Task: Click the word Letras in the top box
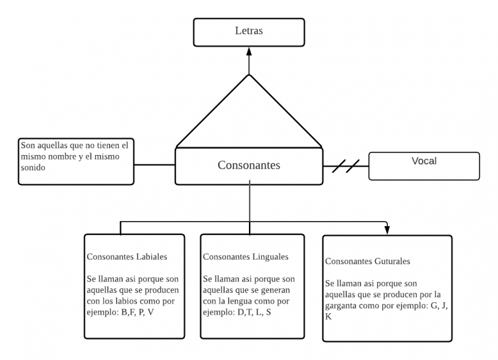click(249, 31)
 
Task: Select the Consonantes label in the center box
click(249, 165)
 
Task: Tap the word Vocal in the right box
click(424, 161)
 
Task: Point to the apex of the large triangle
click(249, 75)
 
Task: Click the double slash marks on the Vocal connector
click(345, 166)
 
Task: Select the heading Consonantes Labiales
click(127, 257)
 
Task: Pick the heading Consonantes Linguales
click(245, 257)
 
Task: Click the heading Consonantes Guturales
click(367, 261)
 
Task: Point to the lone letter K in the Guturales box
click(328, 316)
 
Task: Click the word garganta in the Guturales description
click(343, 306)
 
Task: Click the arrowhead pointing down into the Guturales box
click(387, 230)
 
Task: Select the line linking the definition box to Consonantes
click(154, 165)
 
